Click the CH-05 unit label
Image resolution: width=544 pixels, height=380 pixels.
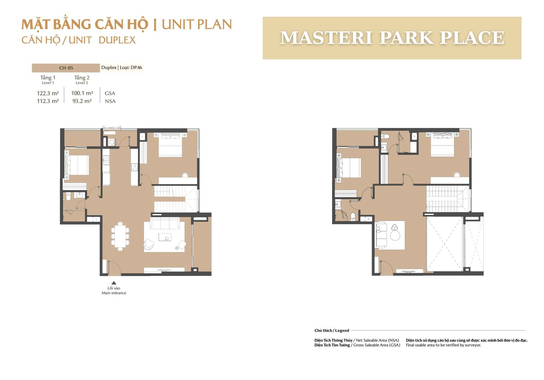pos(66,68)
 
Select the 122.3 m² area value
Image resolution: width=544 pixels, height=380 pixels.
pos(48,93)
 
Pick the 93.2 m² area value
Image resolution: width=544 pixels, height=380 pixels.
pos(82,101)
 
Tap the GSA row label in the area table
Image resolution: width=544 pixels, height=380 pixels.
pos(110,93)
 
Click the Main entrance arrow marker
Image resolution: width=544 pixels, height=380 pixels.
pos(114,283)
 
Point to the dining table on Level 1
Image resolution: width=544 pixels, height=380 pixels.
pos(120,236)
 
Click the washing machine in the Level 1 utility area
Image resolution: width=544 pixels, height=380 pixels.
pos(112,142)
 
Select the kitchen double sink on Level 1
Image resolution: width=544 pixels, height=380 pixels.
pos(106,160)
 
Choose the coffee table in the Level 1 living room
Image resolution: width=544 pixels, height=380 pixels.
pos(165,237)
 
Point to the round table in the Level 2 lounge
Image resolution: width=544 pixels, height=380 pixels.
pos(395,235)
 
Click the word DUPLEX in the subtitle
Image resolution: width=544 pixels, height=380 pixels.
pos(117,40)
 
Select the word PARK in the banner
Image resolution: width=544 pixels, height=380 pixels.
pos(406,38)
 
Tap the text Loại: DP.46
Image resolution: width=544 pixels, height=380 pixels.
pos(131,68)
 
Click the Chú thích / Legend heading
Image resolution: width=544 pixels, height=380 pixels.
pos(331,330)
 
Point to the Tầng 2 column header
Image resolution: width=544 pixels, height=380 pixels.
pos(82,78)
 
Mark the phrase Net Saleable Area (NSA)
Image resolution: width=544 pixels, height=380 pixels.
pos(377,341)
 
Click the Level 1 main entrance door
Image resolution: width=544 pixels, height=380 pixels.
pos(114,268)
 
